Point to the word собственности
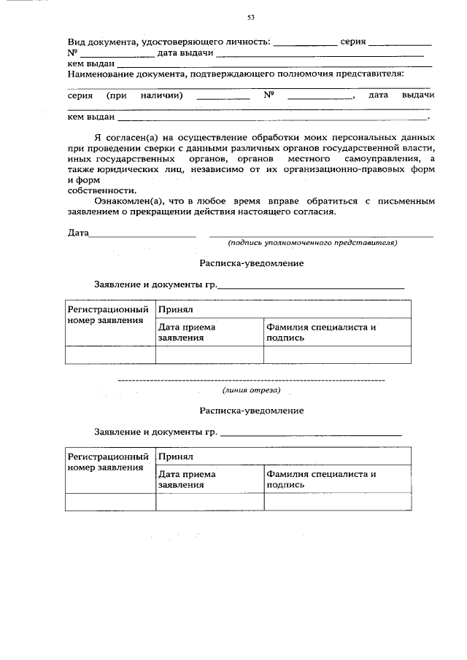pos(101,188)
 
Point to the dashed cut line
pos(251,380)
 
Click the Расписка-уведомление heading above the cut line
pos(252,263)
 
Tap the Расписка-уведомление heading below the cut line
pos(252,411)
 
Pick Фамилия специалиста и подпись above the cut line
pos(322,333)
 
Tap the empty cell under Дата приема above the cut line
pos(209,354)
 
